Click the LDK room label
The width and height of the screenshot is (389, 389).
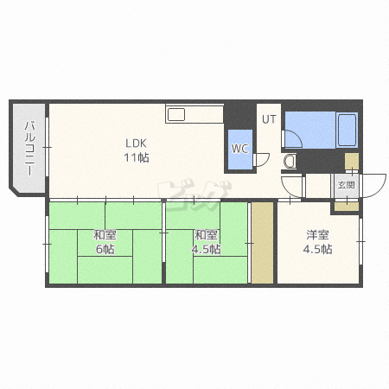click(136, 143)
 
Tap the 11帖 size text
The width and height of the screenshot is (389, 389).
click(137, 157)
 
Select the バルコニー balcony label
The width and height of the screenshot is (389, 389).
click(29, 149)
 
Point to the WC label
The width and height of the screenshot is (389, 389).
click(239, 149)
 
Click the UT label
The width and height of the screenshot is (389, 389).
click(269, 119)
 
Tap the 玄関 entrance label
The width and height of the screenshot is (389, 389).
click(346, 185)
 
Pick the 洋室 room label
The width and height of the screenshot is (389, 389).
click(317, 235)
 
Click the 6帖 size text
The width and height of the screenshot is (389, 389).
click(105, 249)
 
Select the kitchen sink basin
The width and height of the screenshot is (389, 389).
click(175, 115)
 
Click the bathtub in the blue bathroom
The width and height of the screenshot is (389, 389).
click(347, 130)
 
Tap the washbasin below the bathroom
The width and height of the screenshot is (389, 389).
click(290, 162)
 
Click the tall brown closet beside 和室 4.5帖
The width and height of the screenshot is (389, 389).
click(262, 243)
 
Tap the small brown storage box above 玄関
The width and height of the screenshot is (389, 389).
click(352, 162)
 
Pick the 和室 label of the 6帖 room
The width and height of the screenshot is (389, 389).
click(105, 235)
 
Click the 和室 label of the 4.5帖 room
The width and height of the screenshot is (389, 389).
click(206, 235)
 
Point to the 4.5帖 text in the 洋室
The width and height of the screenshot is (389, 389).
click(317, 249)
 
